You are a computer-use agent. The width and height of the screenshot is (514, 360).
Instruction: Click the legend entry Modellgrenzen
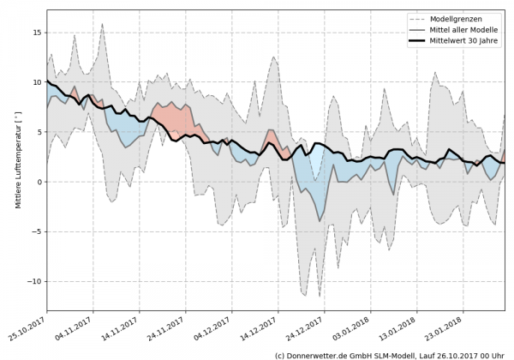point(465,19)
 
